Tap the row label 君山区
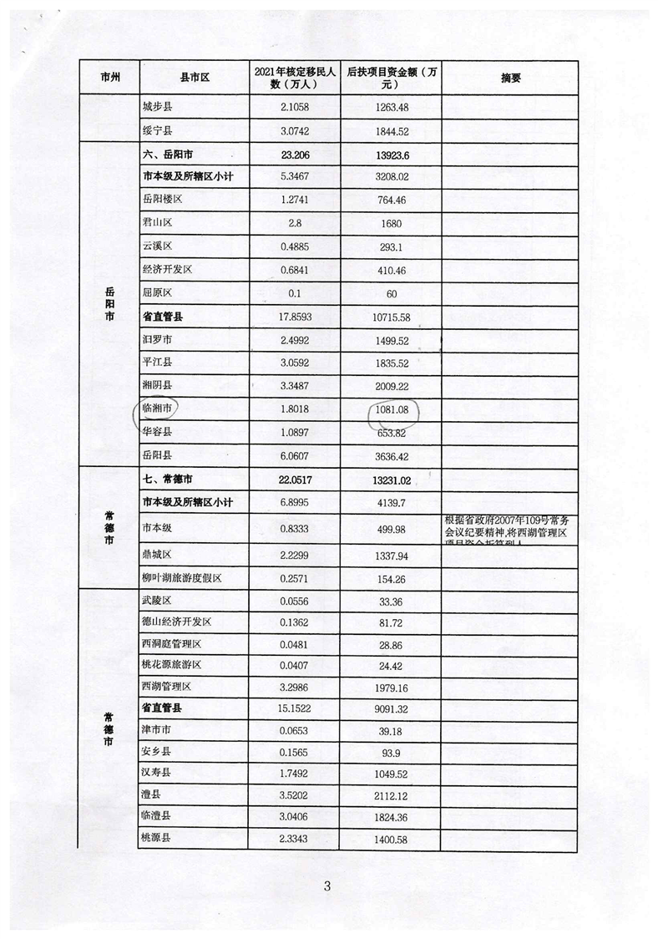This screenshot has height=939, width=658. [x=158, y=224]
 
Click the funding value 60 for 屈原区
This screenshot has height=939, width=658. [x=392, y=293]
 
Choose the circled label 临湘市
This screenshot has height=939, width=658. [x=158, y=409]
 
